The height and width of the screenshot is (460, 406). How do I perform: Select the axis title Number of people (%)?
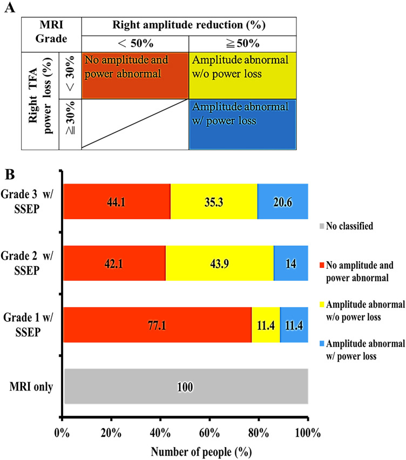tap(185, 449)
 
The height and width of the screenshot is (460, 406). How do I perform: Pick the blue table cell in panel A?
tap(242, 124)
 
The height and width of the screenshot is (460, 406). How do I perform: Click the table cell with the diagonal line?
tap(135, 124)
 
